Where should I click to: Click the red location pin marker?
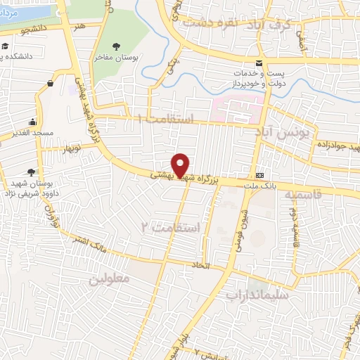(x=181, y=165)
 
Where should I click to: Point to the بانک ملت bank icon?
(x=260, y=175)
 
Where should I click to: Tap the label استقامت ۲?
(x=171, y=228)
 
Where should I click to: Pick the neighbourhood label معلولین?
(x=110, y=278)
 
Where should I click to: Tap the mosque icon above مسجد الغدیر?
(x=34, y=122)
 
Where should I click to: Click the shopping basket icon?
(x=51, y=84)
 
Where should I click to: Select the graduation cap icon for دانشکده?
(x=6, y=46)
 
